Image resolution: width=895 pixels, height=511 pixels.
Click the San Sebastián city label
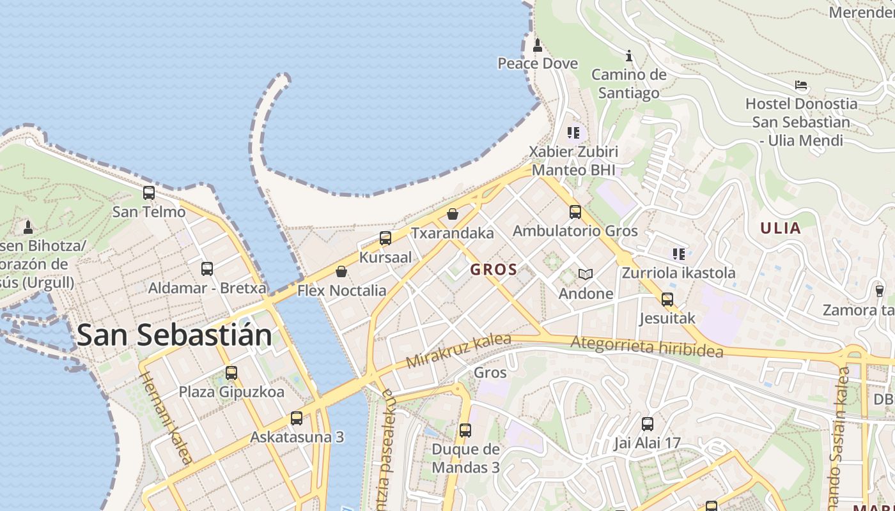[x=174, y=335]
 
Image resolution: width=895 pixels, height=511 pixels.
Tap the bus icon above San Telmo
[x=149, y=192]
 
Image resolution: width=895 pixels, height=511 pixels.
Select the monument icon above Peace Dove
[x=538, y=45]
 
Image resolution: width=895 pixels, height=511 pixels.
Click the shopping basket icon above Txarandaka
[x=453, y=214]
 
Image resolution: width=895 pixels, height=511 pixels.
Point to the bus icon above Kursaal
[x=385, y=238]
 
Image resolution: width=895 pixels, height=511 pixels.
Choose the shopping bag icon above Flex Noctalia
[x=341, y=272]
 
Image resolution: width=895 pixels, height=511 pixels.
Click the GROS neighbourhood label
[x=494, y=270]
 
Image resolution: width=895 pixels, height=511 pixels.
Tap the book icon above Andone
[x=586, y=275]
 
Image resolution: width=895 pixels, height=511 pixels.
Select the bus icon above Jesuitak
[x=667, y=299]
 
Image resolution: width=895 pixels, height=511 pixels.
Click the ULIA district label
[x=780, y=228]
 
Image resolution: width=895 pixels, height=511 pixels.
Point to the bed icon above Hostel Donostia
[x=801, y=85]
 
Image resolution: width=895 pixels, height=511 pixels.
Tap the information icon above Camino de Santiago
[x=629, y=56]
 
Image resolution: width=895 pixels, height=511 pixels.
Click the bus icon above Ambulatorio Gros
[x=575, y=211]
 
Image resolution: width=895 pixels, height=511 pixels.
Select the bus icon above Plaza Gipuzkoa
[x=231, y=372]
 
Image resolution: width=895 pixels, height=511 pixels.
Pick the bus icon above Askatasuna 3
[x=297, y=418]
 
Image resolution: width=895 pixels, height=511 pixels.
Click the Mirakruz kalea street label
[x=458, y=351]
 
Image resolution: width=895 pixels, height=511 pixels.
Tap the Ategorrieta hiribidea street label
[x=646, y=347]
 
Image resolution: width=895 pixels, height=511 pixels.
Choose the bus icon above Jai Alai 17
[x=648, y=423]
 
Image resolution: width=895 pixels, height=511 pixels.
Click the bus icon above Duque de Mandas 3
[x=465, y=431]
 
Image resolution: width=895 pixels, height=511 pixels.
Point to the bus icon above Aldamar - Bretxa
[x=207, y=269]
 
